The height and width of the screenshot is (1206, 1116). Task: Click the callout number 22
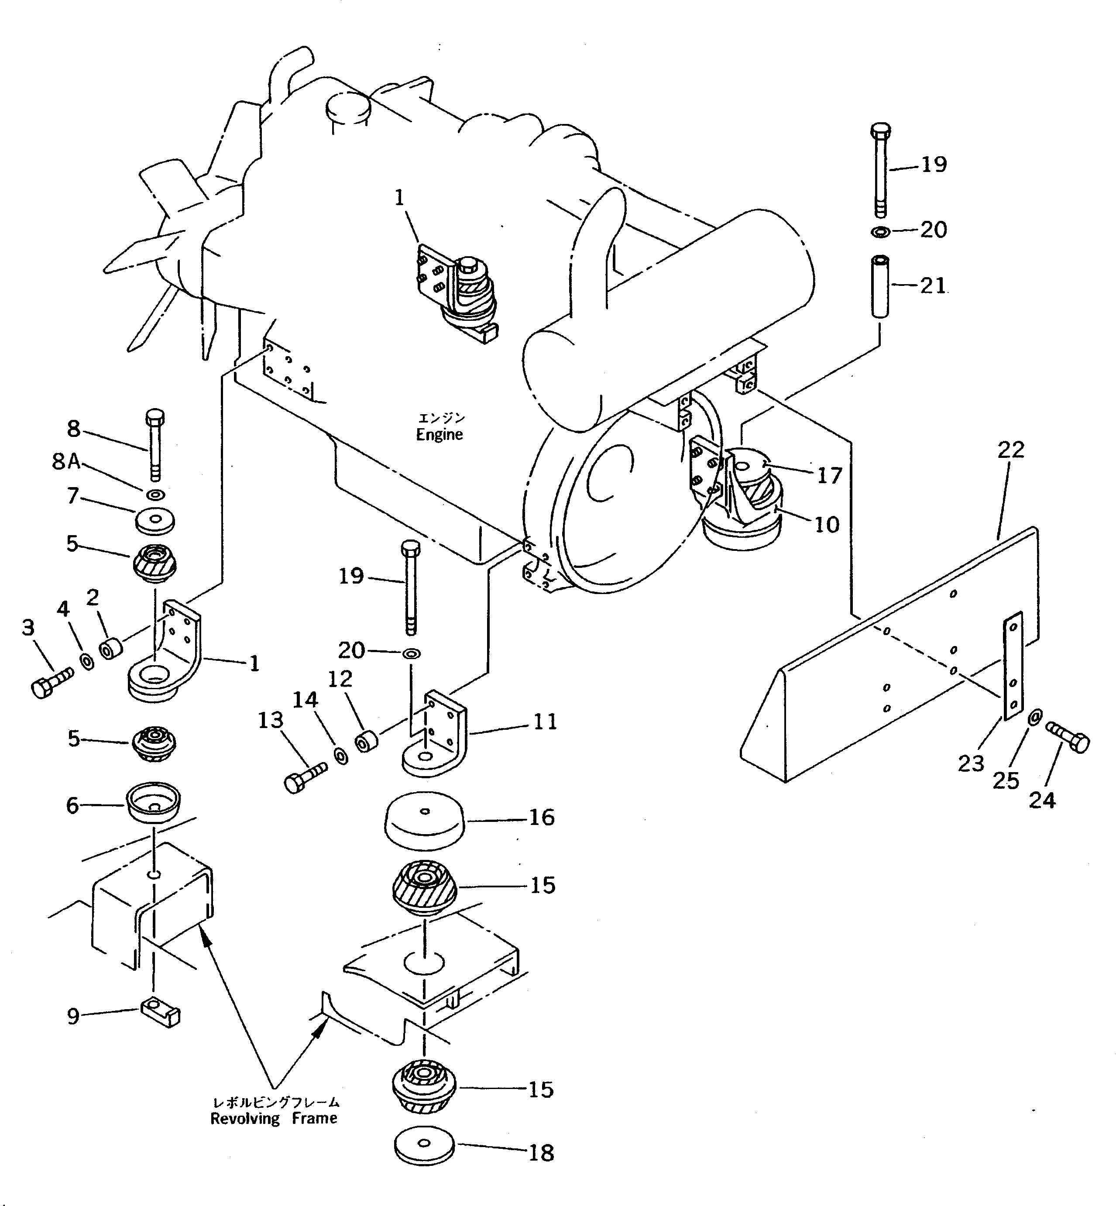(x=1011, y=449)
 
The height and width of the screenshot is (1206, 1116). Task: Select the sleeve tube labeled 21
(x=880, y=285)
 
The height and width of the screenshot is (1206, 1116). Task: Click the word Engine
(x=440, y=434)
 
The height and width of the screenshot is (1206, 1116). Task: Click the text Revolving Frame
(x=274, y=1118)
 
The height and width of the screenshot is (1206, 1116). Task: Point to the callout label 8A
(x=66, y=462)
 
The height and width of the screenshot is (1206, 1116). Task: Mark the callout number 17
(x=829, y=476)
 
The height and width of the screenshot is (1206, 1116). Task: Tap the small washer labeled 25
(x=1033, y=718)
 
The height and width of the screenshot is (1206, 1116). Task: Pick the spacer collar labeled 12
(x=366, y=741)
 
